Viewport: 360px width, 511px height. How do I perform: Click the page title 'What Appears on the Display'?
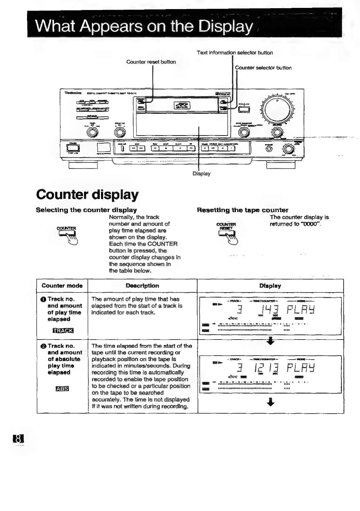tap(144, 26)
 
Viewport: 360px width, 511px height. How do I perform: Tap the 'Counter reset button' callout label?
tap(151, 62)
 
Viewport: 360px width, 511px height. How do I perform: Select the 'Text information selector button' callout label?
tap(235, 52)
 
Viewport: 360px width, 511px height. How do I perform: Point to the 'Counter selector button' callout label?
tap(263, 68)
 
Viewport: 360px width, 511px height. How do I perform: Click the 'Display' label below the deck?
tap(201, 174)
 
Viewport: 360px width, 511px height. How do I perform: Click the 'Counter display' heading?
tap(87, 194)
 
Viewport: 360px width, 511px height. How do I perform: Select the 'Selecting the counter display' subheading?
tap(86, 210)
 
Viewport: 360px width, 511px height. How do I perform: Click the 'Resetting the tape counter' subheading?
tap(242, 210)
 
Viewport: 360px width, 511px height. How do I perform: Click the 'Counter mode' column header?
tap(62, 286)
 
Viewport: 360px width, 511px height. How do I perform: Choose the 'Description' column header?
tap(142, 286)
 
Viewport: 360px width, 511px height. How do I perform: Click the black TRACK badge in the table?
tap(63, 330)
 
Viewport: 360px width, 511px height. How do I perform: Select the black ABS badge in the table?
tap(62, 389)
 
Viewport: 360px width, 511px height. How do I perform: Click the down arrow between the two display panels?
tap(271, 342)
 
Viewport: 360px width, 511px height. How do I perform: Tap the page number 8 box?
tap(18, 439)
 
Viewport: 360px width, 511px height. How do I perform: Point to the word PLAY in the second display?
tap(301, 369)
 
